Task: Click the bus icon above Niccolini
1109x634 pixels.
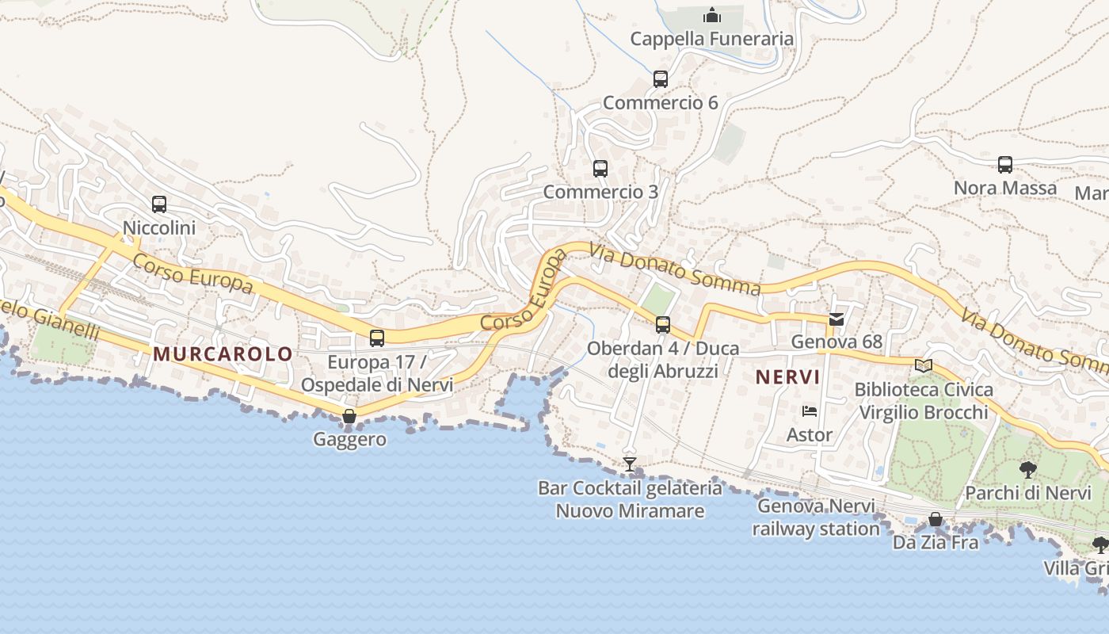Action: click(159, 204)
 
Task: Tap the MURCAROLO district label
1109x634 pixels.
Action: click(223, 354)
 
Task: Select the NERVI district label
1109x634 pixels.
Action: click(787, 376)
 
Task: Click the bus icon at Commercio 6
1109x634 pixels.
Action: click(661, 79)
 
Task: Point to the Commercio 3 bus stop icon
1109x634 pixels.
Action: click(600, 169)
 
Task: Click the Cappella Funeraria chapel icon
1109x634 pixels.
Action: click(711, 15)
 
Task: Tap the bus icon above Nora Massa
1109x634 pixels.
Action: click(1005, 165)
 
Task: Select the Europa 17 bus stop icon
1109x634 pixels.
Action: click(377, 338)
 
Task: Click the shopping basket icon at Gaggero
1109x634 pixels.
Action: click(349, 416)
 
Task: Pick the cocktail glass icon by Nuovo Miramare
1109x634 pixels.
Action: click(630, 464)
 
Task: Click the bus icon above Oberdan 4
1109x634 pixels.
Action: click(663, 325)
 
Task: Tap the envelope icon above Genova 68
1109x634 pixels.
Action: click(837, 319)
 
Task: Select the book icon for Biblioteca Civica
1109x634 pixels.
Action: click(924, 365)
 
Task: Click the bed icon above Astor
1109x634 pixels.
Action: click(809, 411)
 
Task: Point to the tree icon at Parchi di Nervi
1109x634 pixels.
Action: click(1028, 469)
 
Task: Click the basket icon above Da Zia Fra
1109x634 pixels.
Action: click(936, 519)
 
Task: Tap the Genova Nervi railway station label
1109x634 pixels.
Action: click(816, 518)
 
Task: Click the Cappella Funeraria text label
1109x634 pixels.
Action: click(711, 39)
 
